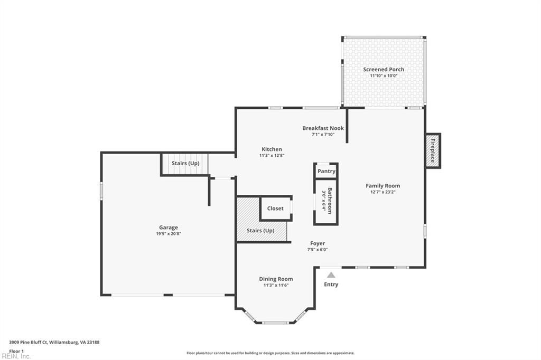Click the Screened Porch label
384,69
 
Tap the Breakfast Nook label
323,128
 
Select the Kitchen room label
272,149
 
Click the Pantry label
327,171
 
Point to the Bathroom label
330,201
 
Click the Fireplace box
433,150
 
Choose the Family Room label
383,186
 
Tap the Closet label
275,209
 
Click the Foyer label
317,243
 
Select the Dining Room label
276,279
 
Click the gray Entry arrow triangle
331,275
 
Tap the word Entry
331,285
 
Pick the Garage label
169,228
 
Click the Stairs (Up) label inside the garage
185,163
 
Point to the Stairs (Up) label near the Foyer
260,230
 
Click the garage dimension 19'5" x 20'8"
169,234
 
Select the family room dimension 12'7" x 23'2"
383,192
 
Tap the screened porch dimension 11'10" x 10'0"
384,75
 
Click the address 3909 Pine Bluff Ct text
29,343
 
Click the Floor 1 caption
16,352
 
